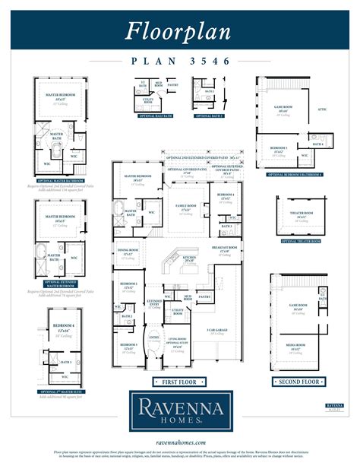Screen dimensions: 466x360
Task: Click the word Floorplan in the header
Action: click(179, 32)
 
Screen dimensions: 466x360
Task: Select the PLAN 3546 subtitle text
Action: click(179, 62)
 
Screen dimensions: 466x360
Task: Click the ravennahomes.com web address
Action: click(179, 442)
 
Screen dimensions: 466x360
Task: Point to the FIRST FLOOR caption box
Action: click(178, 381)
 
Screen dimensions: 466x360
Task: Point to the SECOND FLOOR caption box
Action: click(297, 381)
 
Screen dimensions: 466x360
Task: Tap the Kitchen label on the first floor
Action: click(189, 258)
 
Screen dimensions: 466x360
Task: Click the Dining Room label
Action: click(127, 252)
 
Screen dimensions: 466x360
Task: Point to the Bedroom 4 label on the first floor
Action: click(225, 196)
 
